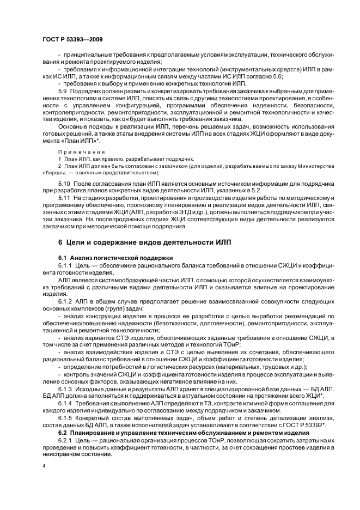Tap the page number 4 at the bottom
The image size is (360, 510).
pyautogui.click(x=43, y=466)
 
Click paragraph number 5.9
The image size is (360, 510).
pyautogui.click(x=64, y=90)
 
